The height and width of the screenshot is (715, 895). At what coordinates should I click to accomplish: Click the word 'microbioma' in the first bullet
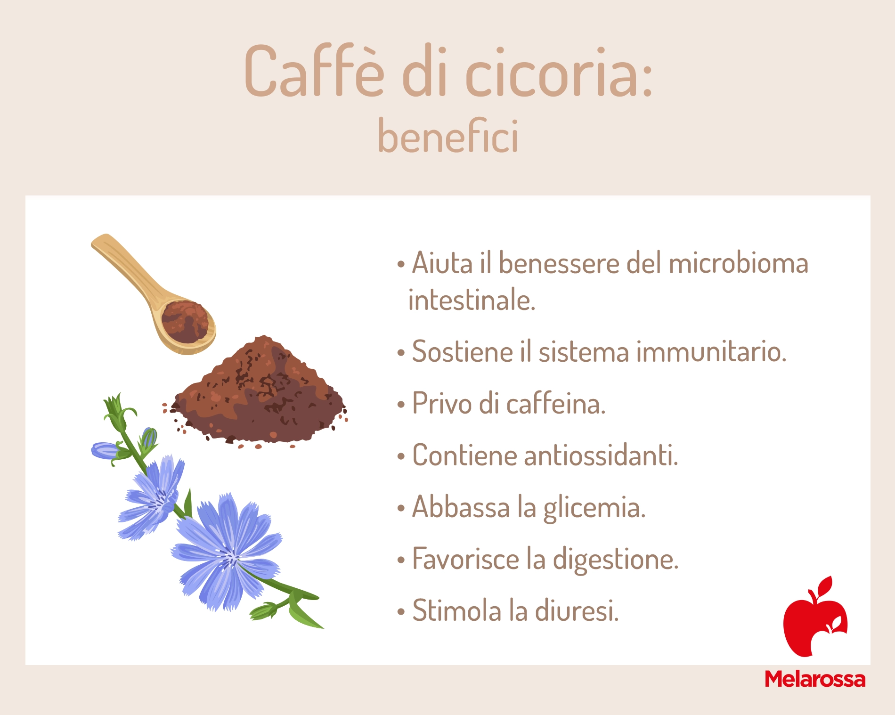[x=738, y=263]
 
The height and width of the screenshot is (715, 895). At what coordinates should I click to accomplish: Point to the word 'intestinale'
[x=472, y=300]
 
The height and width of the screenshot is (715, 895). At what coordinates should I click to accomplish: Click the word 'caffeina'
[x=556, y=403]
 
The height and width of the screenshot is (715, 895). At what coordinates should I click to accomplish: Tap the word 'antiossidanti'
[x=601, y=455]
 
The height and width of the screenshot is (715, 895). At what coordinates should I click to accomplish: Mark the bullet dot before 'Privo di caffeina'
[x=401, y=404]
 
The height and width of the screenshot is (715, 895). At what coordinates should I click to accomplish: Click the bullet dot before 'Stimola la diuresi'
[x=401, y=611]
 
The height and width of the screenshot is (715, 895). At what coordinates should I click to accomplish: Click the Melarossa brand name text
[x=815, y=679]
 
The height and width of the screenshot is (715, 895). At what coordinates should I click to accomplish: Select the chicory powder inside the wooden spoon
[x=185, y=321]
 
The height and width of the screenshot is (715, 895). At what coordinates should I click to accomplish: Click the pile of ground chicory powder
[x=259, y=393]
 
